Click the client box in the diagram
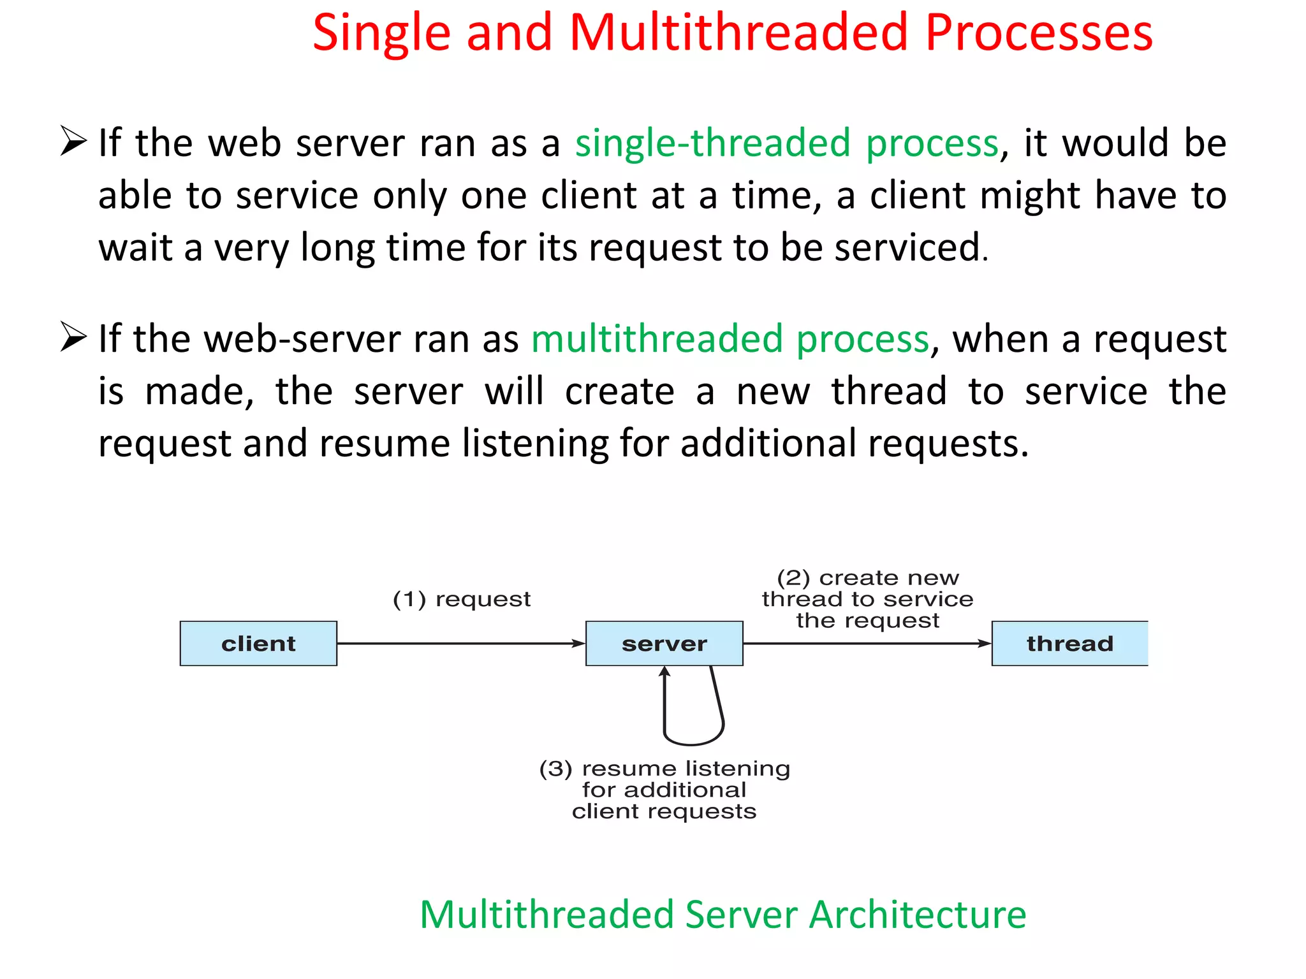click(x=258, y=643)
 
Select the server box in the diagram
click(x=664, y=643)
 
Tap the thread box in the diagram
click(x=1069, y=643)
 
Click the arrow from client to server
click(x=459, y=644)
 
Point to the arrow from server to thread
click(x=867, y=644)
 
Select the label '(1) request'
click(x=462, y=599)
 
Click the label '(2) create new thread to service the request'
click(x=867, y=599)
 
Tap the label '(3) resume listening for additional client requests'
click(x=664, y=790)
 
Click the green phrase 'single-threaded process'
click(x=786, y=143)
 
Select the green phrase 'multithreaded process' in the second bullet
click(x=730, y=339)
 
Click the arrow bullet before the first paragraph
click(x=73, y=141)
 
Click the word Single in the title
click(x=381, y=33)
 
